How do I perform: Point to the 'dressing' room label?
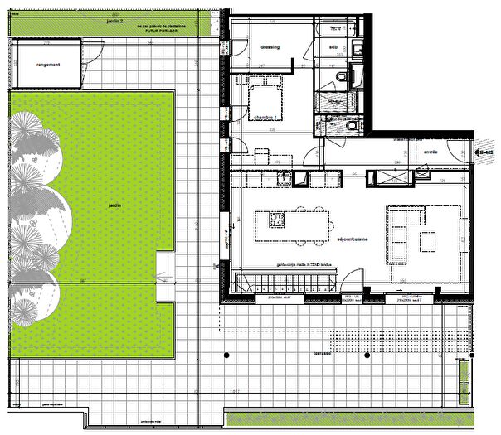click(x=270, y=47)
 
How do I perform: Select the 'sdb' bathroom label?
click(x=333, y=47)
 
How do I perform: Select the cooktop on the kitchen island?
click(x=276, y=220)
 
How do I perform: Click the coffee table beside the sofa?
click(x=427, y=241)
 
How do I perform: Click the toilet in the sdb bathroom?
click(x=342, y=77)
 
